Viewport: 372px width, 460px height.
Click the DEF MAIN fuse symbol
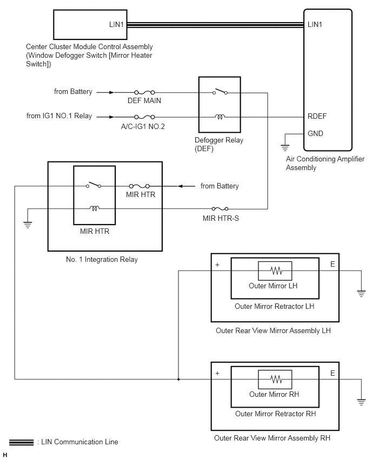[x=144, y=92]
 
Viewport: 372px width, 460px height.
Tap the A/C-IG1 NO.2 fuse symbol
[x=144, y=117]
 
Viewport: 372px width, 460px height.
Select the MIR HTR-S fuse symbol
[x=220, y=208]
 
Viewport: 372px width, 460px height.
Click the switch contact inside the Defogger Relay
[x=220, y=92]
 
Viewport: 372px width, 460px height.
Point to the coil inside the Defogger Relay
[x=220, y=117]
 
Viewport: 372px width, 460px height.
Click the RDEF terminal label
[x=317, y=116]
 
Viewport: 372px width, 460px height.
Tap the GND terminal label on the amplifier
[x=315, y=133]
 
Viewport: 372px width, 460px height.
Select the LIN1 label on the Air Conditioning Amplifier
[x=315, y=24]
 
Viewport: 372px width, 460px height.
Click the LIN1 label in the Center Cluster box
[x=116, y=24]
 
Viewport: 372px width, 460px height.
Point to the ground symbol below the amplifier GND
[x=285, y=147]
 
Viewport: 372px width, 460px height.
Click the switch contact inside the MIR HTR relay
[x=94, y=185]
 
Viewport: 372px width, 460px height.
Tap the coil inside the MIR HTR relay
[x=94, y=208]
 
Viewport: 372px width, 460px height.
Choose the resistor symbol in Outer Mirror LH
[x=276, y=270]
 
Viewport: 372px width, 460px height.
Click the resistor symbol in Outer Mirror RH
[x=276, y=379]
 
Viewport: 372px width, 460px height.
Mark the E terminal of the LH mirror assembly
[x=333, y=265]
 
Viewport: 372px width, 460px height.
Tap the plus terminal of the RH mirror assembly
[x=217, y=374]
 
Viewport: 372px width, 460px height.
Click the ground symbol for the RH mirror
[x=361, y=402]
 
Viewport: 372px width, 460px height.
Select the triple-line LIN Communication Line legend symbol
[x=22, y=442]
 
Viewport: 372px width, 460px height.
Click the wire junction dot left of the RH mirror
[x=178, y=380]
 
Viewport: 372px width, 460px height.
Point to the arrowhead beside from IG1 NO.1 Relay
[x=111, y=117]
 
